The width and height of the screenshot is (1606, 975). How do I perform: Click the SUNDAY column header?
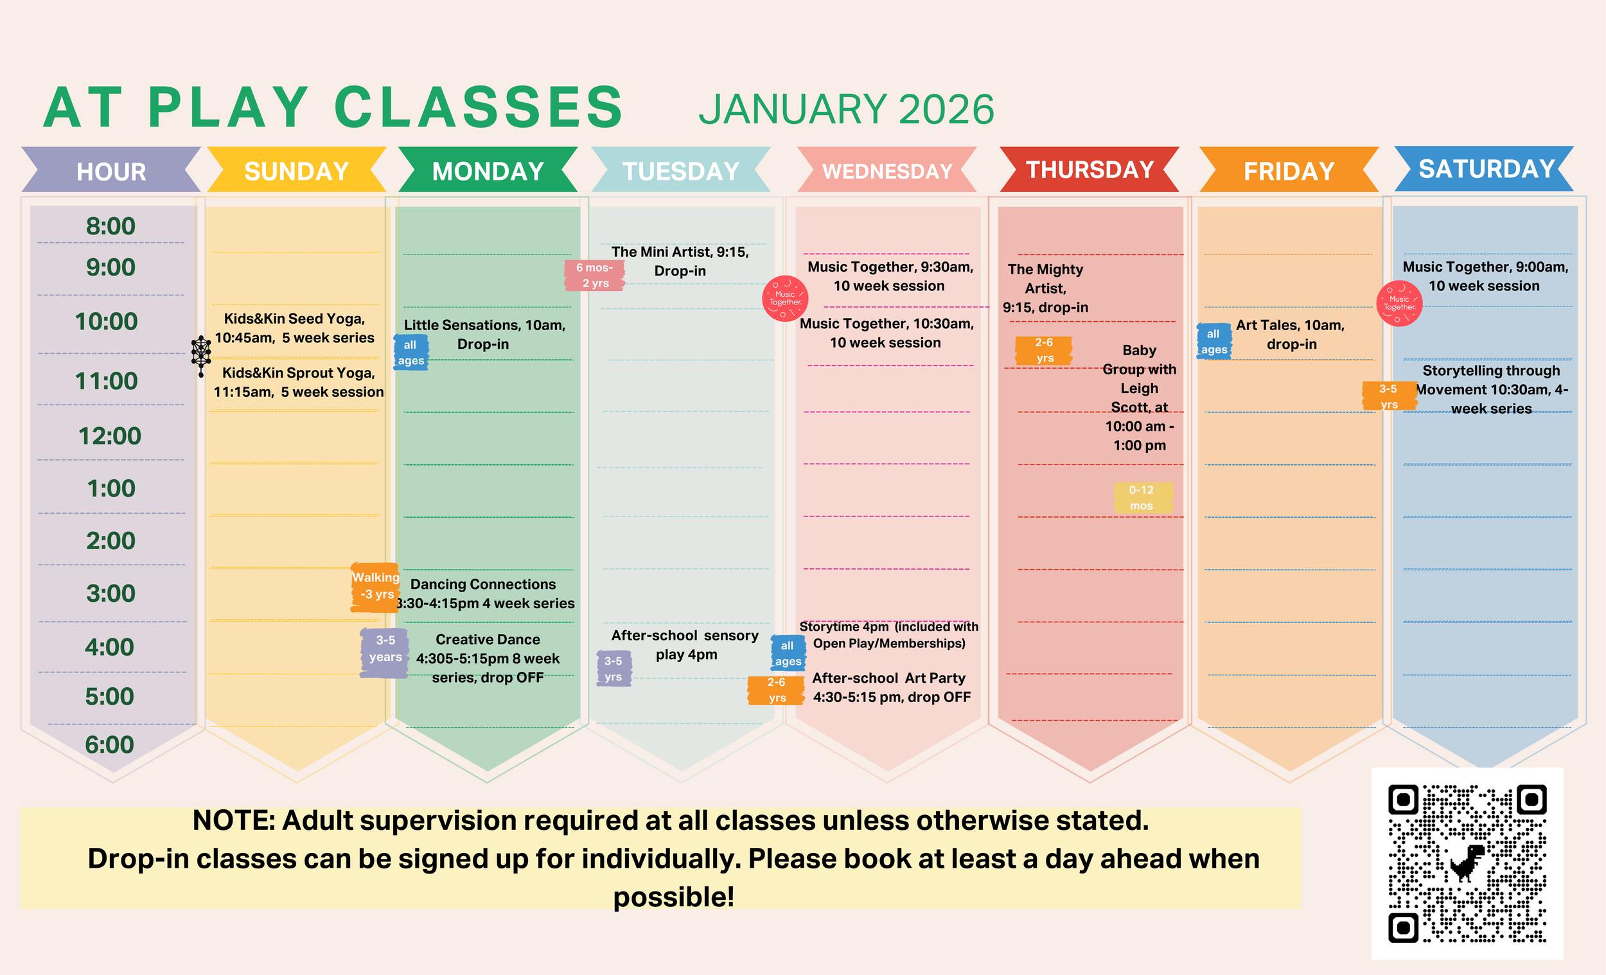click(x=297, y=171)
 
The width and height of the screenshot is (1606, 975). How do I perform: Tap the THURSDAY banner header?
click(x=1090, y=170)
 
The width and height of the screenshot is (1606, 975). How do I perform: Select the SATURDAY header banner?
click(x=1486, y=169)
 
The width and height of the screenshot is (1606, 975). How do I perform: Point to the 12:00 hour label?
click(x=109, y=436)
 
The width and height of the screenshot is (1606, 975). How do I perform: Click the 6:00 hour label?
click(x=109, y=744)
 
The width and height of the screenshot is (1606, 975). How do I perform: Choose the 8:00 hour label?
click(x=110, y=226)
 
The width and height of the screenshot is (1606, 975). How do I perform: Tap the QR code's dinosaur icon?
click(x=1467, y=863)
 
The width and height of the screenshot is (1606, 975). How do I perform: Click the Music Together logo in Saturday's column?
click(x=1399, y=304)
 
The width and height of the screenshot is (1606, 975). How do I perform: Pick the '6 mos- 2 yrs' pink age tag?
click(x=594, y=275)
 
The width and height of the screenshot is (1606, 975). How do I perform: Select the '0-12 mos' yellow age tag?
click(x=1142, y=498)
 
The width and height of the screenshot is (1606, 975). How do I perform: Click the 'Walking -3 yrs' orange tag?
click(x=375, y=586)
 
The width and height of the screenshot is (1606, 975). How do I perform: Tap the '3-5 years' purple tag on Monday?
click(x=385, y=649)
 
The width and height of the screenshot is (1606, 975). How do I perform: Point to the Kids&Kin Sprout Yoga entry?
click(x=299, y=382)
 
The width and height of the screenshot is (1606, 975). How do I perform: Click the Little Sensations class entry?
click(x=484, y=335)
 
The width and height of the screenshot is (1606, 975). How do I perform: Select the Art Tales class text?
click(x=1291, y=335)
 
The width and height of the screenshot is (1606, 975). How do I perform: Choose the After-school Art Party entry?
click(x=891, y=688)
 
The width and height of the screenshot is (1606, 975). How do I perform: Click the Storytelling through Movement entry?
click(x=1491, y=389)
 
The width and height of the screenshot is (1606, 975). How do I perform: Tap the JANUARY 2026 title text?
click(x=846, y=109)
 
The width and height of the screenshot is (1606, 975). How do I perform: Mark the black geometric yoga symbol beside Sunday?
click(x=200, y=355)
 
